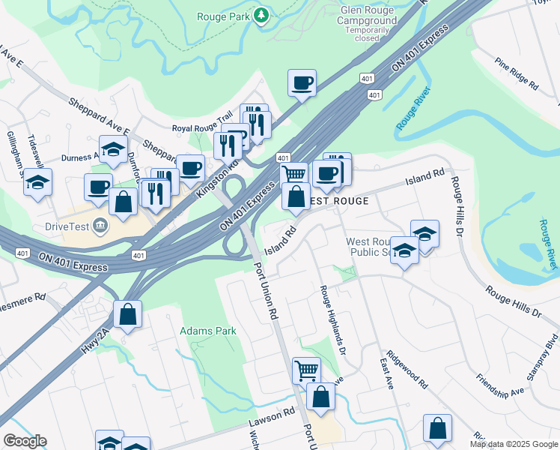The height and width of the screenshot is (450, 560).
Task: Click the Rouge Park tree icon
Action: pos(261,16)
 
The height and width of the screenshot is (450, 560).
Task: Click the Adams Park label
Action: pos(208,331)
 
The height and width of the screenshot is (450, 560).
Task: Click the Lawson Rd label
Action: pos(273,422)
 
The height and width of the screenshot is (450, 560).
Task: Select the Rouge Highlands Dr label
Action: pos(332,319)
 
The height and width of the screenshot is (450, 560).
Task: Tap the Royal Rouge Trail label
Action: pos(203,128)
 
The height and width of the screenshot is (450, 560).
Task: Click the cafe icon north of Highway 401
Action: pos(302,83)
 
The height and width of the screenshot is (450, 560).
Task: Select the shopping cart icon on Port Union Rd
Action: pos(306,370)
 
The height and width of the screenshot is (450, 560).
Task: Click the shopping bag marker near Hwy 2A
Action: pos(128,314)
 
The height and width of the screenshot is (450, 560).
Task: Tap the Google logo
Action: pos(25,441)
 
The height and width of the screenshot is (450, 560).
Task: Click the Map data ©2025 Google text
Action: pos(514,444)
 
